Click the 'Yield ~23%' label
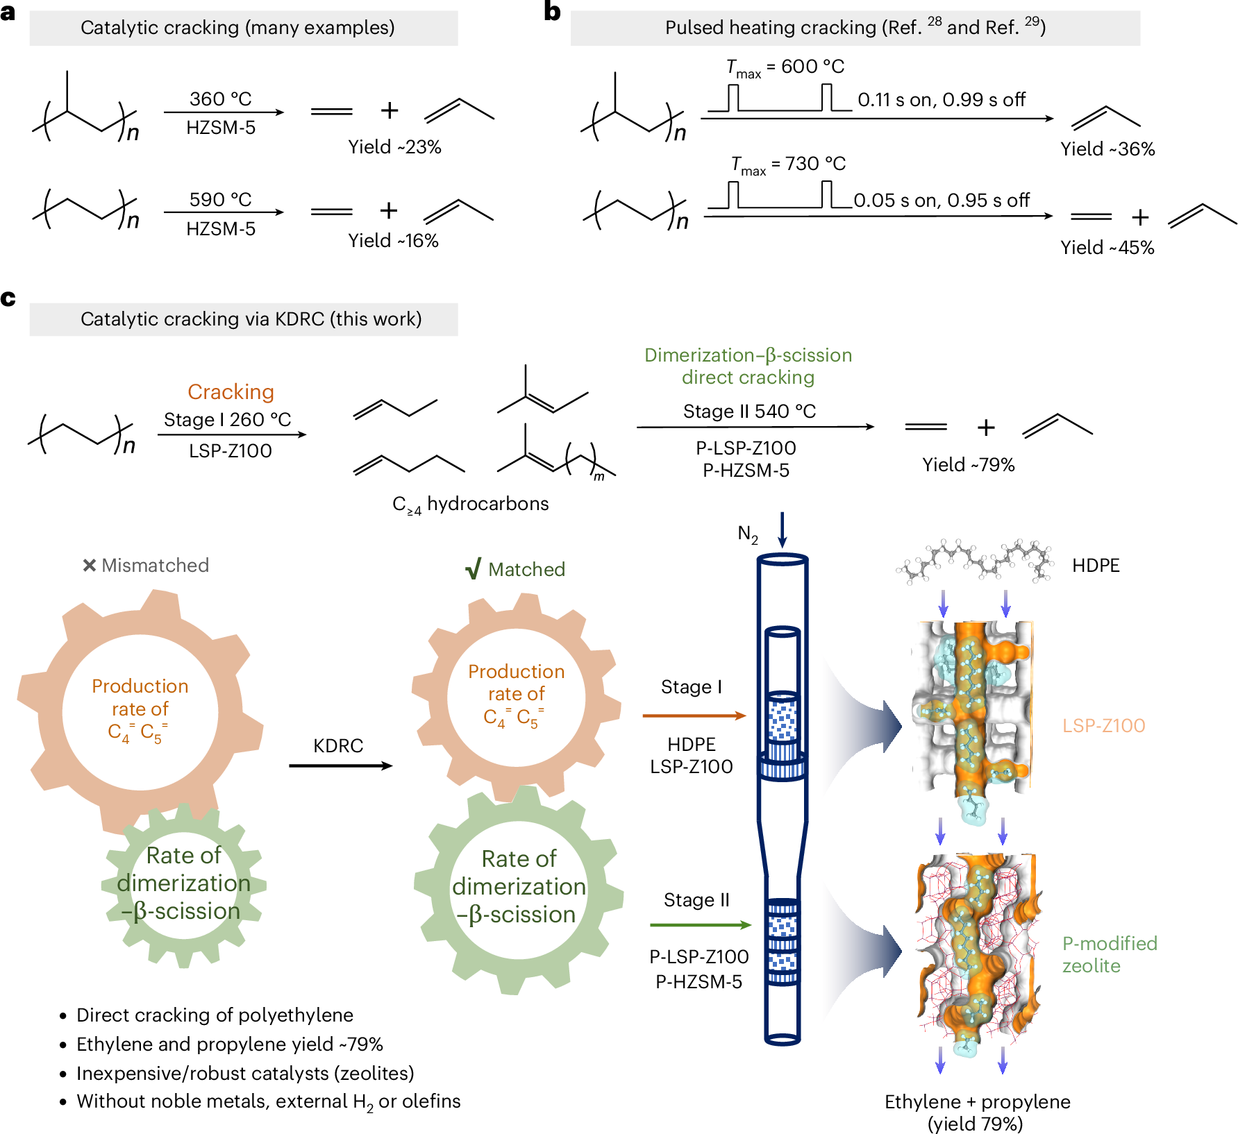point(394,147)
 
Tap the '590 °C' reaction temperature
point(220,200)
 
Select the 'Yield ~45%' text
point(1107,248)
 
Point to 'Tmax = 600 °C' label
point(785,67)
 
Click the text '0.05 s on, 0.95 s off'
point(942,201)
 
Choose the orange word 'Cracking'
point(231,392)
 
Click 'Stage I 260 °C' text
point(227,420)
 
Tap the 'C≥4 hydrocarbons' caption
point(470,505)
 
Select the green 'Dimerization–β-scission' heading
point(748,355)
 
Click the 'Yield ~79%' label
point(968,465)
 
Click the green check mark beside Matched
point(474,570)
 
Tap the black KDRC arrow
point(340,765)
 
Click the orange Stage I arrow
point(694,716)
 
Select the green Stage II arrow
point(700,924)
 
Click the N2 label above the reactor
point(748,534)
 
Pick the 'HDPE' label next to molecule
point(1096,566)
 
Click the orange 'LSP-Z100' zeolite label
point(1103,726)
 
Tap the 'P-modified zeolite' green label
point(1109,954)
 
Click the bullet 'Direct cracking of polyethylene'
point(215,1015)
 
